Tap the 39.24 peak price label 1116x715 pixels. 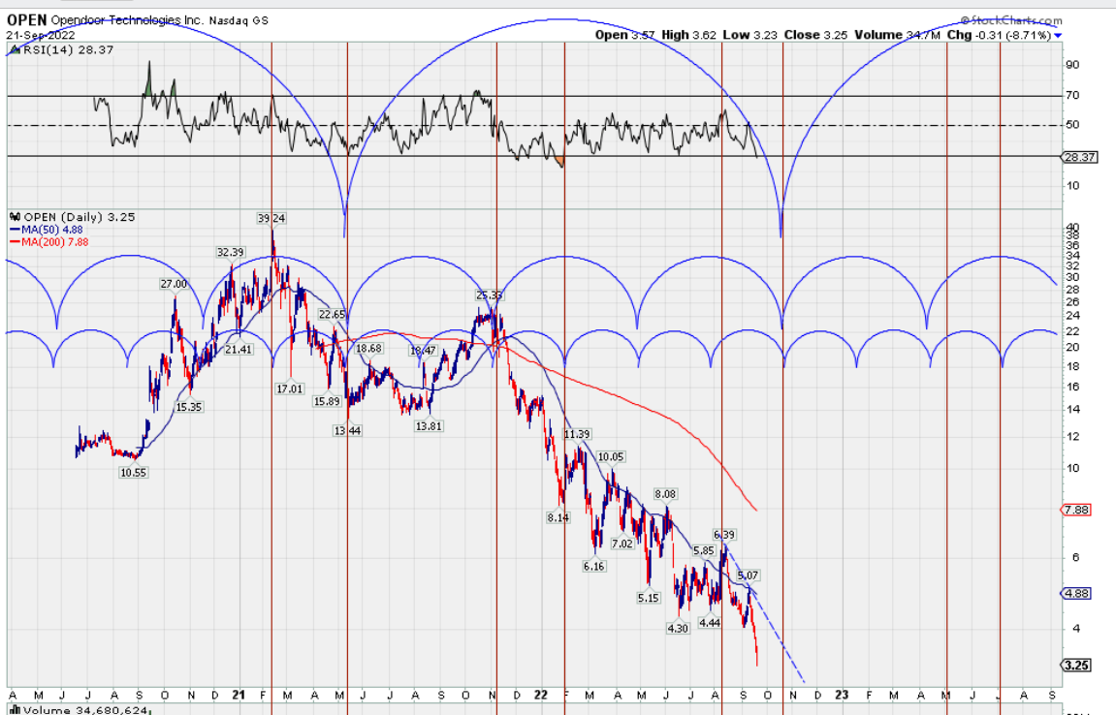coord(271,217)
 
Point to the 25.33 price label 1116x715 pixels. coord(491,295)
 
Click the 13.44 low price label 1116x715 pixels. coord(347,430)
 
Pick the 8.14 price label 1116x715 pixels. coord(558,518)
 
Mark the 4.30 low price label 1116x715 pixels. coord(678,628)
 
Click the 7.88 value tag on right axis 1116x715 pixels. coord(1078,510)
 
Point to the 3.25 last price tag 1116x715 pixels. coord(1078,666)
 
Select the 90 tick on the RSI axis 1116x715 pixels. coord(1072,65)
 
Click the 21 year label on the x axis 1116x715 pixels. coord(240,695)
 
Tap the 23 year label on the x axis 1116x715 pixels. coord(842,695)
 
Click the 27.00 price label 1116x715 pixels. coord(173,284)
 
